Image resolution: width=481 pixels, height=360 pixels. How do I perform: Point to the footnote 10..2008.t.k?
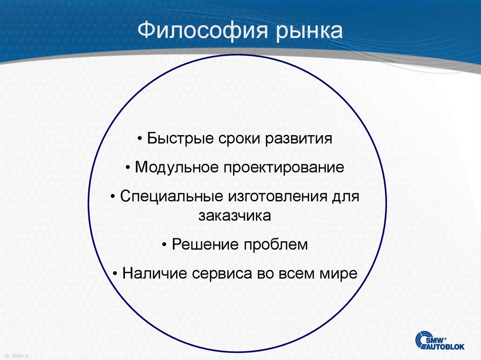click(x=17, y=356)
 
